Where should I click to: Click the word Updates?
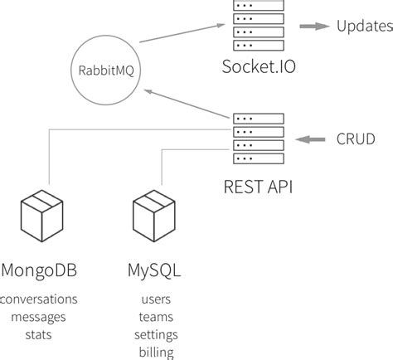click(363, 27)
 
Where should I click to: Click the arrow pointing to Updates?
click(312, 27)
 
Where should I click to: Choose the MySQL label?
click(154, 270)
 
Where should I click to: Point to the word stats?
click(39, 334)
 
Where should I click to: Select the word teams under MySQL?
click(156, 317)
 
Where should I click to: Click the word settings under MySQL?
click(156, 335)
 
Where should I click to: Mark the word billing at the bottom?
click(156, 353)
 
